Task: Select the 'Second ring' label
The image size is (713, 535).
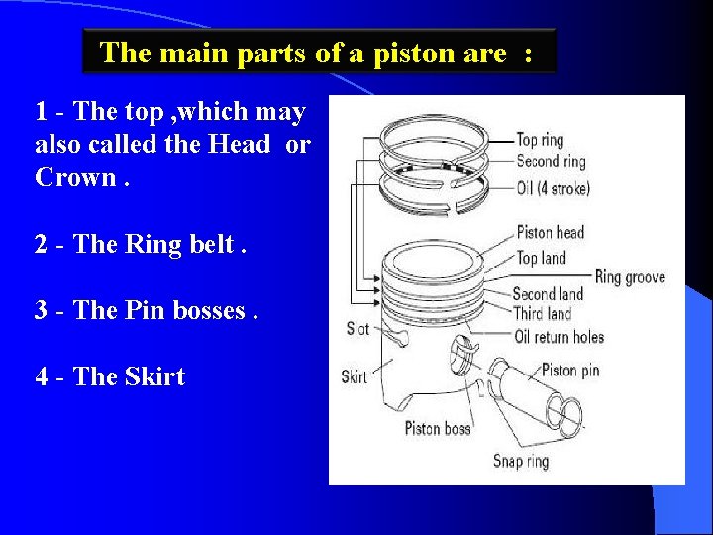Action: [551, 161]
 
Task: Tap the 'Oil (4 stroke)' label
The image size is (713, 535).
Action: [553, 187]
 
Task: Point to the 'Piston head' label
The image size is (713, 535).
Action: [551, 233]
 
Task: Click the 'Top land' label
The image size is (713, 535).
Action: [541, 258]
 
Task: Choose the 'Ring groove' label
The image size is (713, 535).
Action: [630, 277]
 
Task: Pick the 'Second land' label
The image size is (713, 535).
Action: [548, 294]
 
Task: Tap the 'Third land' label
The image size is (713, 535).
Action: [542, 314]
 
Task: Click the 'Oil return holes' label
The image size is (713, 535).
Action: [559, 337]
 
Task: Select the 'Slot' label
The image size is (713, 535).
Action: [357, 328]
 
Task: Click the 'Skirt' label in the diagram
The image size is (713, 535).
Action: [355, 376]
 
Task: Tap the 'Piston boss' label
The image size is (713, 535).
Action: [438, 428]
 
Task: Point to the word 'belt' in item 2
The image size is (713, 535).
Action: [211, 245]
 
